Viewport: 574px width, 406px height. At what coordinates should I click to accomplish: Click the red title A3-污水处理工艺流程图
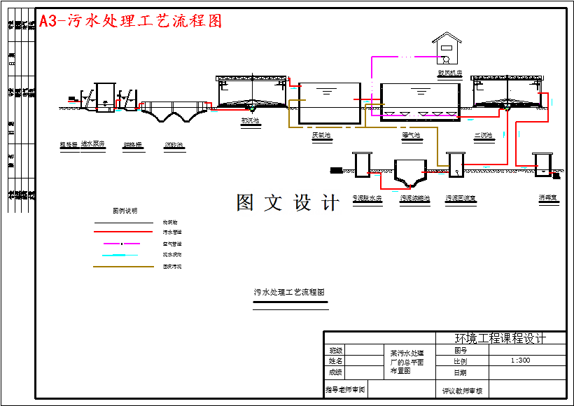131,21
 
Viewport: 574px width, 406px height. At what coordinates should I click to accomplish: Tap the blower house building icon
447,48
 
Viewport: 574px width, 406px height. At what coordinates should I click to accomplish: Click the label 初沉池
250,120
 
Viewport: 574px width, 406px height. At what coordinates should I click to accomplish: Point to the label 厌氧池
321,135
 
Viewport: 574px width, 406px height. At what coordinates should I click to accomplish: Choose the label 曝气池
412,135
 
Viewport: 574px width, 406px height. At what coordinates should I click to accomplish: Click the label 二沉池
483,135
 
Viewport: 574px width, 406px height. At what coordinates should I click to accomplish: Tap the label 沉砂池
174,145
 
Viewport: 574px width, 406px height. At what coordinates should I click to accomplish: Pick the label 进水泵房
92,145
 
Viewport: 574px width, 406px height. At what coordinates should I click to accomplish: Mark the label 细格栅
132,145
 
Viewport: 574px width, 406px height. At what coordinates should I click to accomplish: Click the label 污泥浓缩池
415,198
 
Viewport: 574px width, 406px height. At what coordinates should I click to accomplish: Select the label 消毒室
547,198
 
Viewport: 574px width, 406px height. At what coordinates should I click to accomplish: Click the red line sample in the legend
123,232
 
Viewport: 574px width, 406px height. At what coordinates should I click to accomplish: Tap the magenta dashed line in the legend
123,244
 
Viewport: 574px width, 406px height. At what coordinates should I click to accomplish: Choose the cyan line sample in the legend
123,255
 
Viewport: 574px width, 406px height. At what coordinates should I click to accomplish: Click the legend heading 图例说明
125,210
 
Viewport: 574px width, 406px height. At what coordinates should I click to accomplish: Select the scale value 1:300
520,360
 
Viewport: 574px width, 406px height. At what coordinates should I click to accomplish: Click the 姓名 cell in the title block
335,361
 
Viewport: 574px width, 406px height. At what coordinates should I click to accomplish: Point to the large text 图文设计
288,203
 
